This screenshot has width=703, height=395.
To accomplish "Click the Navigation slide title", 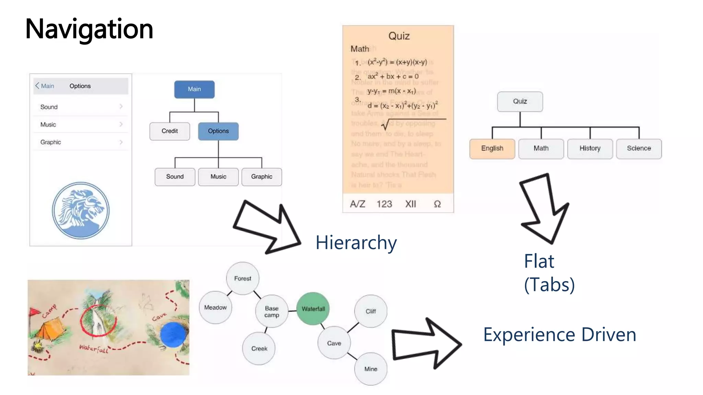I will coord(89,29).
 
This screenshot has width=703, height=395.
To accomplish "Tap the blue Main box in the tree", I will coord(194,89).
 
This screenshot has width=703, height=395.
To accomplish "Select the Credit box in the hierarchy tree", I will coord(170,131).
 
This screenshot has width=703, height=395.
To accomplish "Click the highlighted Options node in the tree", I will coord(218,131).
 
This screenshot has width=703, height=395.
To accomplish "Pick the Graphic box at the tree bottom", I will coord(262,177).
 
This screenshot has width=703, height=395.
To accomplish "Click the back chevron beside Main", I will coord(37,86).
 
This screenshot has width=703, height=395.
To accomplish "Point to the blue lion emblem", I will coord(81,210).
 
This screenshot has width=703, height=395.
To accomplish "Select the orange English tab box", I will coord(492,148).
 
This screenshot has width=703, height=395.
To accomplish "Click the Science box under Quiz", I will coord(639,148).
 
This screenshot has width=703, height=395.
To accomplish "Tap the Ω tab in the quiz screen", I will coord(437,204).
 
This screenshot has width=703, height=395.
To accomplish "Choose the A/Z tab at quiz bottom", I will coord(357,204).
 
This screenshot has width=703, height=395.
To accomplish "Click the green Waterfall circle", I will coord(313,309).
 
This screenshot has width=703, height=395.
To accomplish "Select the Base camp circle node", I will coord(272,311).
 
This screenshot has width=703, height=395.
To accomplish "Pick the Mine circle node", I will coord(371,369).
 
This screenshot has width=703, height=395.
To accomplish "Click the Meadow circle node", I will coord(215,308).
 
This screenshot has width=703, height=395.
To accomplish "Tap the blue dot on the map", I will coord(173,334).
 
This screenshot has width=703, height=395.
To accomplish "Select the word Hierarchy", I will coord(356,243).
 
